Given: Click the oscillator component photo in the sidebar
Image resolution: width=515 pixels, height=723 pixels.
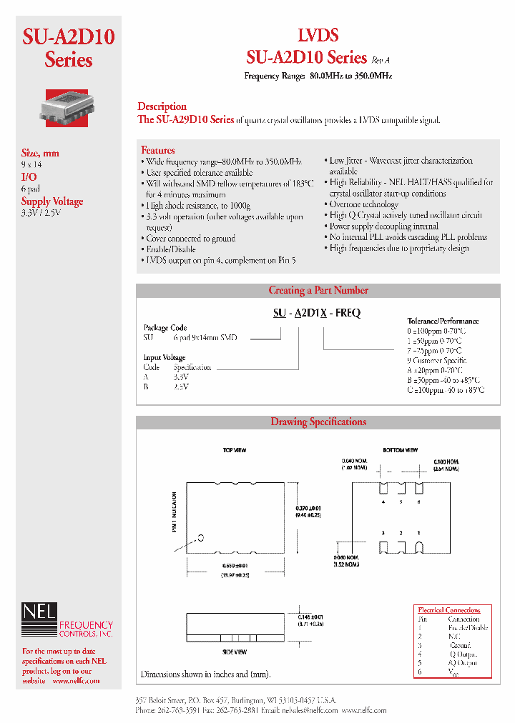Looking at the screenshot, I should [x=68, y=106].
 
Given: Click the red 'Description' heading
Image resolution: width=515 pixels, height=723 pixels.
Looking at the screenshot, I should [x=162, y=106].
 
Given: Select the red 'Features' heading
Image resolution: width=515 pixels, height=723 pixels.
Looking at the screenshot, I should [x=157, y=150].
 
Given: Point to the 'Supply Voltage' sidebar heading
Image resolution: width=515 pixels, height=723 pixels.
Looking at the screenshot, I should [x=52, y=201].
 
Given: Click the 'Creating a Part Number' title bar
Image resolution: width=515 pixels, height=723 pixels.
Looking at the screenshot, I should [x=318, y=290].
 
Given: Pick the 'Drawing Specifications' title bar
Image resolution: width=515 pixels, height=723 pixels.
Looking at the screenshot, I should [x=318, y=422].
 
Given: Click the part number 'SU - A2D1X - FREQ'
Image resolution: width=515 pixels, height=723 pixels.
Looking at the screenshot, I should [x=316, y=313].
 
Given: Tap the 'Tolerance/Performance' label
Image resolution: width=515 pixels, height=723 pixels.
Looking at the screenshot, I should [x=443, y=321].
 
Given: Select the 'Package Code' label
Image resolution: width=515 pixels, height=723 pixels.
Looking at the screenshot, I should [x=165, y=328].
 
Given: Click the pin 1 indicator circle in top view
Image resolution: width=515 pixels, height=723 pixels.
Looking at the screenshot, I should [x=202, y=537].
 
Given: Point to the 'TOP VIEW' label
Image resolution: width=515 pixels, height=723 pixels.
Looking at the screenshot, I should [x=235, y=451].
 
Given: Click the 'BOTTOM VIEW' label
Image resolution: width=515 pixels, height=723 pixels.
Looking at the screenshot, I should [x=401, y=451].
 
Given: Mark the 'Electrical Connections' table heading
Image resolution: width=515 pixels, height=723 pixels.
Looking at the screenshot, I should [x=449, y=610].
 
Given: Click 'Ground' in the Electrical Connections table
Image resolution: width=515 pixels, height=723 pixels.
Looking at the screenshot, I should [x=460, y=645].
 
